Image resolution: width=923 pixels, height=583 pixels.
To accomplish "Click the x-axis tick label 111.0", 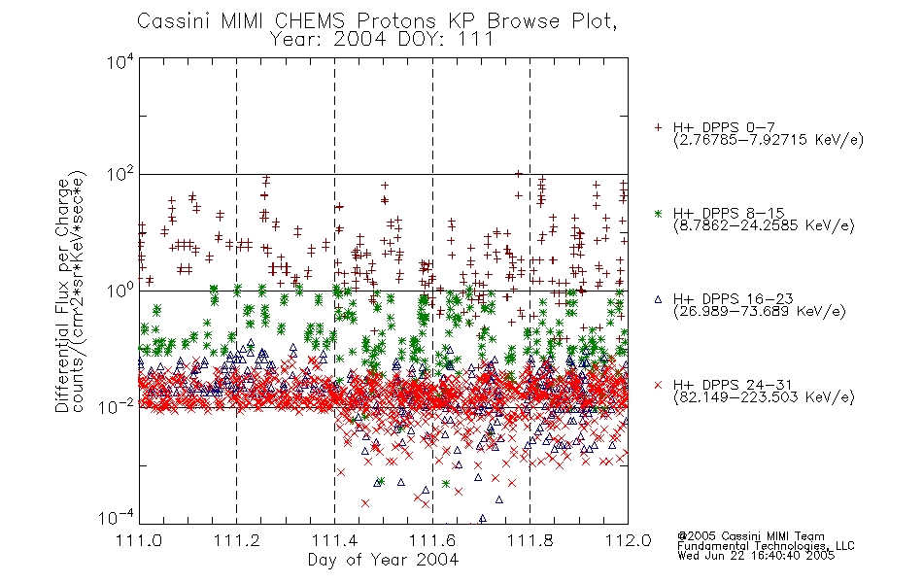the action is pyautogui.click(x=139, y=540).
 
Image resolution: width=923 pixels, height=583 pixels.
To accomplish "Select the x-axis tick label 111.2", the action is pyautogui.click(x=237, y=540).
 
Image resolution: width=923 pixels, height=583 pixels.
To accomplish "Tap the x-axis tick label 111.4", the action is pyautogui.click(x=334, y=540).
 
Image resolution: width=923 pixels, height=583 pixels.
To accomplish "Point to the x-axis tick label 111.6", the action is pyautogui.click(x=432, y=540).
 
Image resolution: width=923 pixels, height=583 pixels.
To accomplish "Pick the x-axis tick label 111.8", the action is pyautogui.click(x=530, y=540).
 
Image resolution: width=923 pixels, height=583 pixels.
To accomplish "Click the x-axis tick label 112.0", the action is pyautogui.click(x=628, y=540).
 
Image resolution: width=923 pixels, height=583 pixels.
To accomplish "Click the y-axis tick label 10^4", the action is pyautogui.click(x=120, y=62).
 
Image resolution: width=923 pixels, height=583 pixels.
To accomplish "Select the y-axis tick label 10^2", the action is pyautogui.click(x=120, y=176).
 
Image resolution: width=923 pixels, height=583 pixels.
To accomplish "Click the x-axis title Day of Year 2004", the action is pyautogui.click(x=383, y=560).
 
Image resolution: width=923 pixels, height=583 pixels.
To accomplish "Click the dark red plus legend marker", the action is pyautogui.click(x=658, y=127).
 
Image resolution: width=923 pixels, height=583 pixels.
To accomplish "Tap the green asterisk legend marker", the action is pyautogui.click(x=658, y=213).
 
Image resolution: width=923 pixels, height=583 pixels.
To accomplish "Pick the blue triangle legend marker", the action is pyautogui.click(x=658, y=299).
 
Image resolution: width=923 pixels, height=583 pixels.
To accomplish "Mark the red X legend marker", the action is pyautogui.click(x=658, y=385).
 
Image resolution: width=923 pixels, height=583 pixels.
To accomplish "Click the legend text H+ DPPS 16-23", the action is pyautogui.click(x=733, y=299).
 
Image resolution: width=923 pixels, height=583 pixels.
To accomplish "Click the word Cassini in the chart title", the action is pyautogui.click(x=175, y=21).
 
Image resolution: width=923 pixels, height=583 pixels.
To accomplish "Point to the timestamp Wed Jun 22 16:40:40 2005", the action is pyautogui.click(x=756, y=556).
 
